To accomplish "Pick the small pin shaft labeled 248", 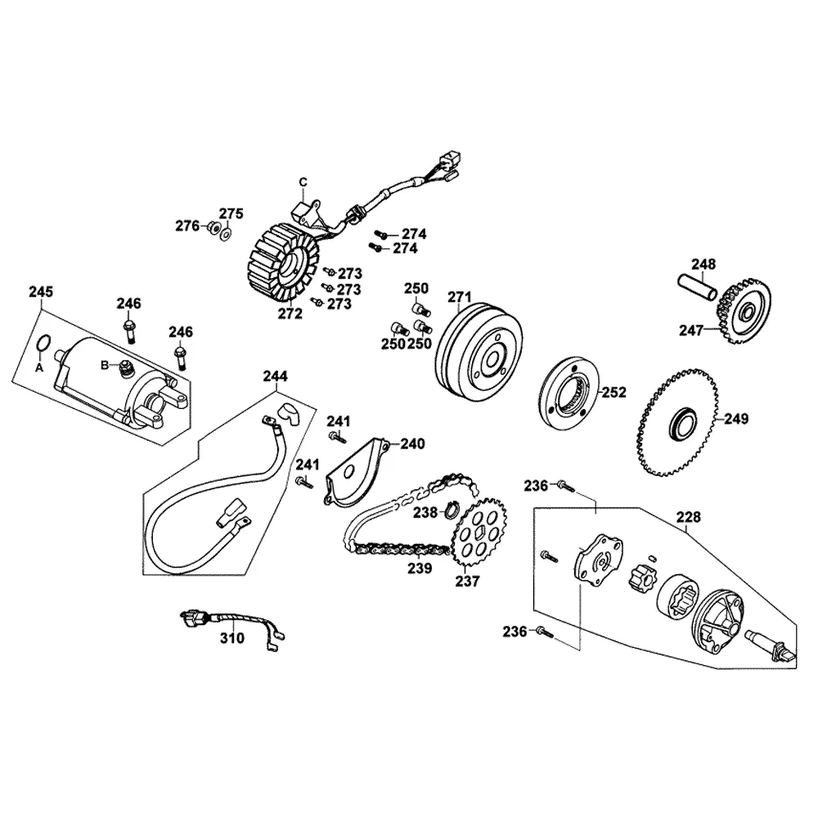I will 698,289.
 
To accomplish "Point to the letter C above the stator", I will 302,181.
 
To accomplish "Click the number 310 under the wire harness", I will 234,639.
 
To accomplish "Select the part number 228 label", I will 689,516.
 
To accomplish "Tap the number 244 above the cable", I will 275,376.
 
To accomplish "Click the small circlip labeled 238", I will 450,513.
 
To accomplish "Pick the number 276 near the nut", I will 188,226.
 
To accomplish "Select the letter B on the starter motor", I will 105,364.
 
